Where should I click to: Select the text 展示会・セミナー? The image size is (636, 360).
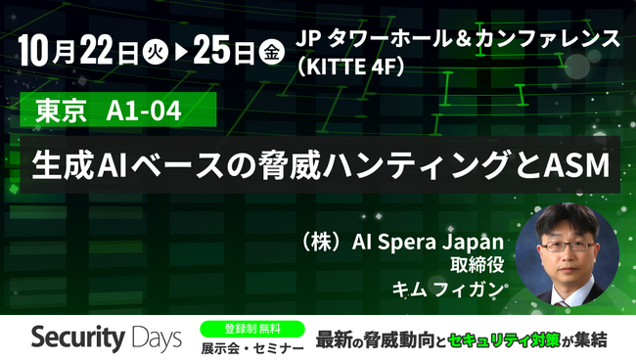tap(250, 347)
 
